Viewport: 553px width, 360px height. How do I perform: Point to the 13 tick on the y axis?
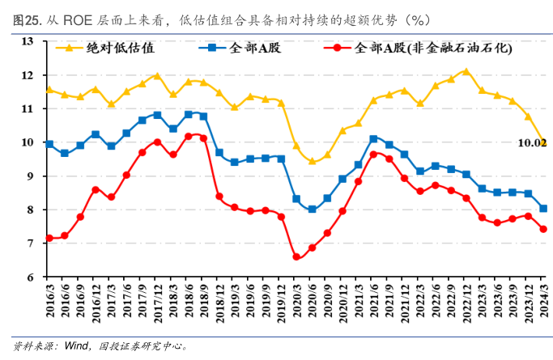pyautogui.click(x=28, y=41)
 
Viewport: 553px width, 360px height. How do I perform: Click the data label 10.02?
pyautogui.click(x=532, y=143)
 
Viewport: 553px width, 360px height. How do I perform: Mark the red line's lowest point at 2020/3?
pyautogui.click(x=296, y=257)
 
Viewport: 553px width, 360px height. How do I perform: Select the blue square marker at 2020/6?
pyautogui.click(x=312, y=210)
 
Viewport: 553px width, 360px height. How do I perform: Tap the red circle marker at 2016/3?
pyautogui.click(x=49, y=238)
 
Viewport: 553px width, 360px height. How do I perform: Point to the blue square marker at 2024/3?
pyautogui.click(x=542, y=208)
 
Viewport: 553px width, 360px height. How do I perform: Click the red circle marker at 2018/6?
pyautogui.click(x=188, y=136)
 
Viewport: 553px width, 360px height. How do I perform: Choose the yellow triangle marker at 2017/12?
pyautogui.click(x=157, y=75)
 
